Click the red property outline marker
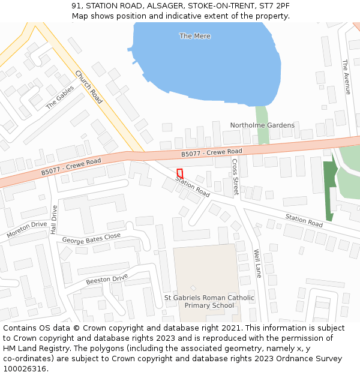tap(179, 173)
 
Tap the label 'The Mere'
tap(195, 36)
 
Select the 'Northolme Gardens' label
tap(262, 125)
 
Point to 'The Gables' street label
tap(60, 97)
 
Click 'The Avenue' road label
tap(346, 77)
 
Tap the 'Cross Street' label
tap(235, 177)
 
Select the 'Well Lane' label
tap(257, 263)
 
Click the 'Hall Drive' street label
tap(54, 220)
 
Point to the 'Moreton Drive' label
tap(26, 229)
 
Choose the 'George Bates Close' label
tap(91, 238)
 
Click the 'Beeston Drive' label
tap(107, 280)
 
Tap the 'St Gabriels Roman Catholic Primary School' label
tap(209, 301)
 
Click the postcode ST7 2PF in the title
tap(276, 5)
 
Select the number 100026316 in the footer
tap(24, 369)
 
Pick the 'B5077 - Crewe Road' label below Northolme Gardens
tap(212, 154)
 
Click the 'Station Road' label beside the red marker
tap(193, 187)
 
